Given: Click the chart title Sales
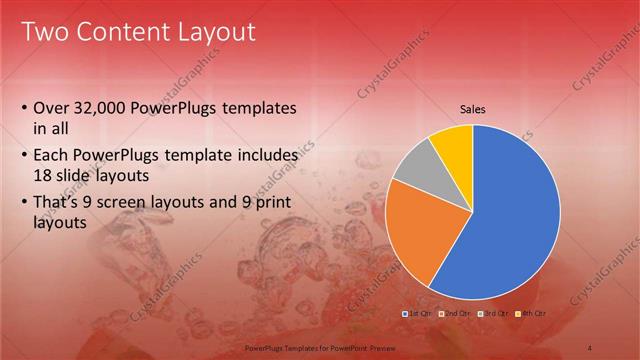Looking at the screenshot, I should click(x=473, y=109).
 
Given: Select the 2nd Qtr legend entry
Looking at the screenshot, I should click(x=455, y=313).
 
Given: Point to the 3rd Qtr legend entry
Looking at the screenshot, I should click(x=493, y=313).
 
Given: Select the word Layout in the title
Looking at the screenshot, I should click(x=218, y=32).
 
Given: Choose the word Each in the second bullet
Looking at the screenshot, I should click(x=54, y=157).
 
